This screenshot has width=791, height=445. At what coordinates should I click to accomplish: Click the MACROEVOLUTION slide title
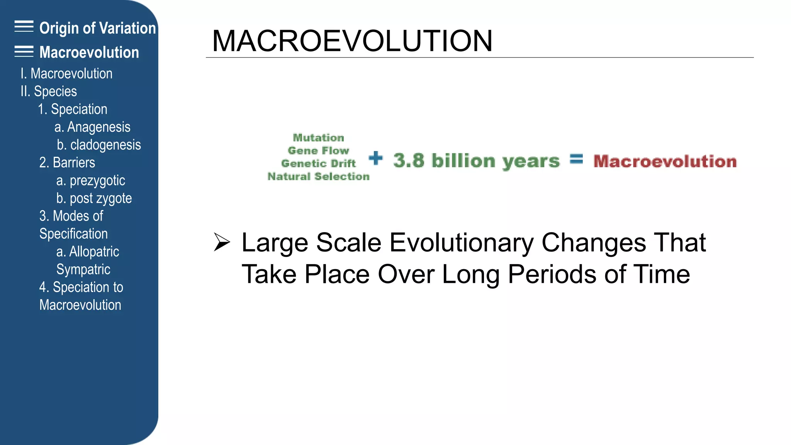point(352,41)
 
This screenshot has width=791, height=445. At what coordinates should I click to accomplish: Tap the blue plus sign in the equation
point(375,158)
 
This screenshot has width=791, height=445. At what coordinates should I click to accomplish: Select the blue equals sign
point(576,159)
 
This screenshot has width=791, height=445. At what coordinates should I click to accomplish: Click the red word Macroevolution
point(665,161)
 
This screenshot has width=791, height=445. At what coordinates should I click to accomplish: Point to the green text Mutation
point(318,138)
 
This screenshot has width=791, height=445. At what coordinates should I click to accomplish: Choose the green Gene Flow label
point(318,151)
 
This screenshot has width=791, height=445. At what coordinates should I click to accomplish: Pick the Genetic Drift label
point(318,163)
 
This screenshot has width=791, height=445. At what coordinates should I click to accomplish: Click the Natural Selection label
point(318,177)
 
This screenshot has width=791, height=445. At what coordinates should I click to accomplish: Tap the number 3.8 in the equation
point(409,160)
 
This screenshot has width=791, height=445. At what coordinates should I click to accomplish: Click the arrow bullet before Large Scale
point(222,242)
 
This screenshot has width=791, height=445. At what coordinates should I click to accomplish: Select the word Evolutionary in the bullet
point(461,243)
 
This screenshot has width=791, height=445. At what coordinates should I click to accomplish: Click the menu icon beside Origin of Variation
point(24,27)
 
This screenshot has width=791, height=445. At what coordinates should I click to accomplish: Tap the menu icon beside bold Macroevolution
point(24,51)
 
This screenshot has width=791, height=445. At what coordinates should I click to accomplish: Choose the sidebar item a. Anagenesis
point(92,127)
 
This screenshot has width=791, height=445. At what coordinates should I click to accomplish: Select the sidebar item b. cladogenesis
point(98,145)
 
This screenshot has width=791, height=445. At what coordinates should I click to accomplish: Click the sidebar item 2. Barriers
point(67,163)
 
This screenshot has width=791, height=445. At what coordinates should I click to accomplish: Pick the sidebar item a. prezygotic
point(90,180)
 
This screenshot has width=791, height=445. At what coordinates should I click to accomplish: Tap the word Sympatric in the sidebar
point(83,269)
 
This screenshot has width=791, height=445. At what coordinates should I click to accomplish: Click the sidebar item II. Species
point(49,92)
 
